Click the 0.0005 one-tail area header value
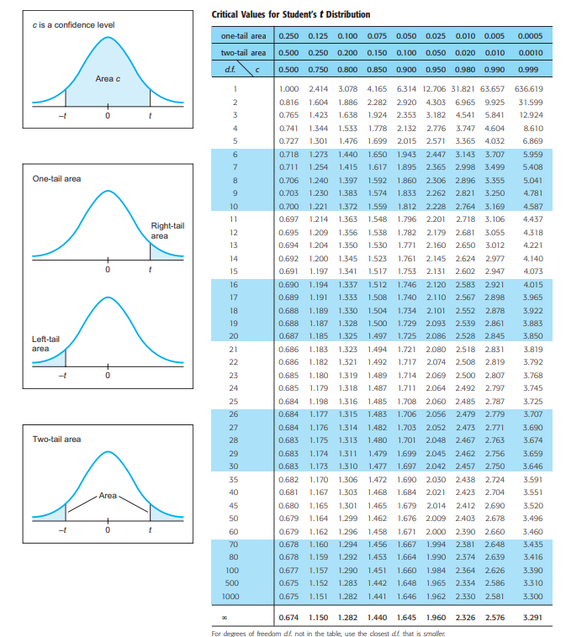pos(530,36)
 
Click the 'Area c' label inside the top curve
pos(108,78)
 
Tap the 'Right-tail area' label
pos(167,230)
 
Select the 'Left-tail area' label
pos(46,343)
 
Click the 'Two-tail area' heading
pos(57,439)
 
